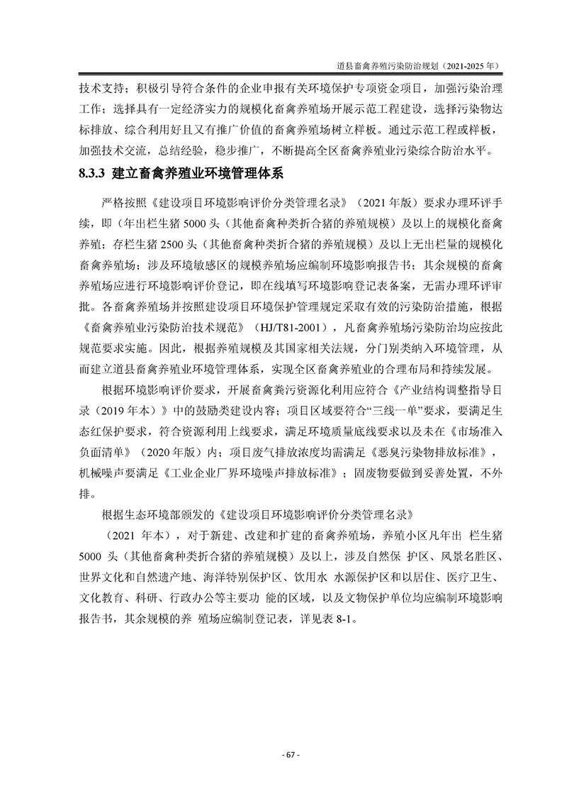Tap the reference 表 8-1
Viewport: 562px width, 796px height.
[344, 617]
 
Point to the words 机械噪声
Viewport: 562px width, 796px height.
[103, 474]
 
